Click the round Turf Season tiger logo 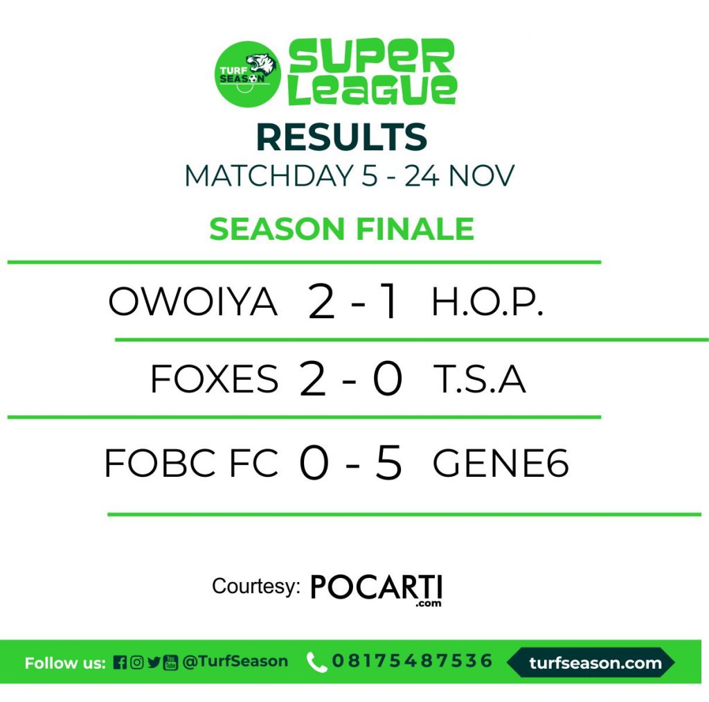click(x=247, y=74)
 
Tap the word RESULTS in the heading click(x=342, y=137)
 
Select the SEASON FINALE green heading click(x=341, y=229)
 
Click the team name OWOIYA click(x=192, y=301)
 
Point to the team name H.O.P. click(x=487, y=302)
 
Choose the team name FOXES click(x=215, y=378)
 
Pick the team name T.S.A click(x=479, y=378)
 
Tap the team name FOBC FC click(x=191, y=462)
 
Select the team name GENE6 click(x=501, y=462)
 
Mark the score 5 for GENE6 click(x=388, y=462)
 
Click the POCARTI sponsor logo click(x=376, y=590)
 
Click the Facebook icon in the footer click(x=120, y=662)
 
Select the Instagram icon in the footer click(x=136, y=662)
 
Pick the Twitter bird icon click(x=154, y=662)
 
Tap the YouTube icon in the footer click(x=170, y=662)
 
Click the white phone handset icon click(x=316, y=662)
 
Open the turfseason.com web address click(x=595, y=663)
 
